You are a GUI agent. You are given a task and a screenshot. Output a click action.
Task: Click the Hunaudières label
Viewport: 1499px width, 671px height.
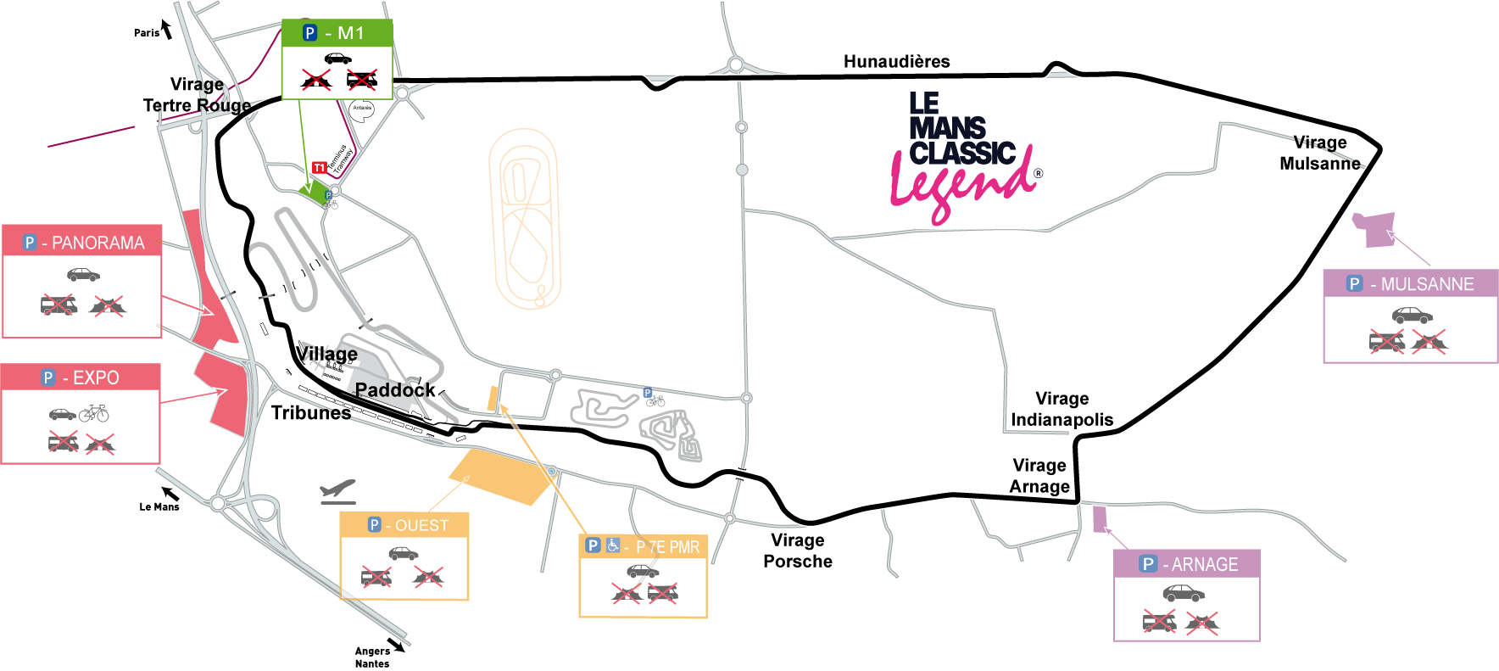tap(896, 61)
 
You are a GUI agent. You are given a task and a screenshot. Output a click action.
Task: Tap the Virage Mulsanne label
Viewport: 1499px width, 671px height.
tap(1319, 154)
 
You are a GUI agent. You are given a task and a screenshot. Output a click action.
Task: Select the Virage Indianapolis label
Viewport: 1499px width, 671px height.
tap(1062, 409)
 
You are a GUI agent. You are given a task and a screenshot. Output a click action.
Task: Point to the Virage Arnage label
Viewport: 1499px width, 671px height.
tap(1039, 476)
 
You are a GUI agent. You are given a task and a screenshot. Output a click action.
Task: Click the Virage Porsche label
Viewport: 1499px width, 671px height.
tap(797, 551)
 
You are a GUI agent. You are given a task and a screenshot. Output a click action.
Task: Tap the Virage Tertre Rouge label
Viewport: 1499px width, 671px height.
tap(197, 95)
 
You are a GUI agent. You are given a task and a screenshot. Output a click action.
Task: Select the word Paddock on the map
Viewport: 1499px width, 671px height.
tap(394, 390)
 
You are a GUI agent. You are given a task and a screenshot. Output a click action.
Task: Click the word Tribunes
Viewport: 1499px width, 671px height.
tap(310, 413)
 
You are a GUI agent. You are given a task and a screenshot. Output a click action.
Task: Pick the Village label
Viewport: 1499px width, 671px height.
tap(326, 354)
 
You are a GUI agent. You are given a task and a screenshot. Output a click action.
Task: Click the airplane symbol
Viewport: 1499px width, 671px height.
tap(337, 491)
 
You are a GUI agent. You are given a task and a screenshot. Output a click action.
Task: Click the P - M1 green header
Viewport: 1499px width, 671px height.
tap(337, 33)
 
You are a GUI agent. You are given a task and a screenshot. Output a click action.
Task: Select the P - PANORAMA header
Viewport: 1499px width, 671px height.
tap(82, 243)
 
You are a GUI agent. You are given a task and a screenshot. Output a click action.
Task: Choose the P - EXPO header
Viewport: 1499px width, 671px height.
tap(81, 377)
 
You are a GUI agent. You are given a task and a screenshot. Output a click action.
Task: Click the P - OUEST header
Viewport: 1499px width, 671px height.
tap(404, 525)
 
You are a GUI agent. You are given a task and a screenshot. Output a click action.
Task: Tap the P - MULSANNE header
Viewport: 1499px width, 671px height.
tap(1411, 284)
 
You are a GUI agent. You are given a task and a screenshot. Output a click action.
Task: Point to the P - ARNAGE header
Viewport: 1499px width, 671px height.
tap(1187, 564)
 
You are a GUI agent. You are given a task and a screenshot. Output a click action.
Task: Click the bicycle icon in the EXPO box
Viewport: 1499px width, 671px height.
tap(94, 413)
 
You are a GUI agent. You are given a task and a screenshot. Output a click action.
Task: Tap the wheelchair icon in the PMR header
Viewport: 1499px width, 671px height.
tap(613, 545)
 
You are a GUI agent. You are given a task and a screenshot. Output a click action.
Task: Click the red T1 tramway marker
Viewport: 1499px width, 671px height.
tap(319, 168)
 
